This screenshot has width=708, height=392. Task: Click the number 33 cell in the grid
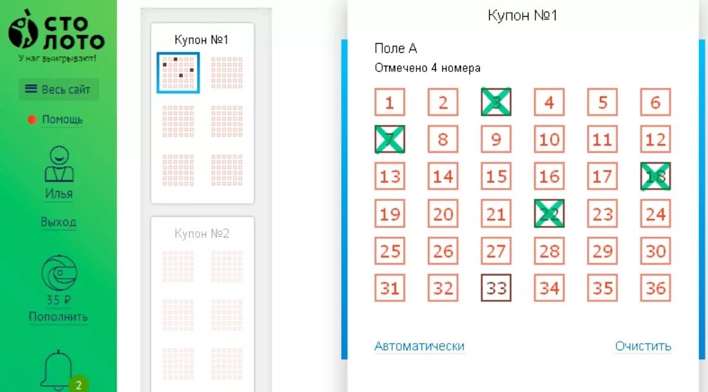coord(496,288)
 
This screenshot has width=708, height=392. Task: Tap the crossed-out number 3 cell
coord(496,102)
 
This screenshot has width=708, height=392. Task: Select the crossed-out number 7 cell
coord(390,139)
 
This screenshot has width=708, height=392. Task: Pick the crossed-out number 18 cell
coord(655,176)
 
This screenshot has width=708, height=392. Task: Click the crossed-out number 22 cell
coord(549,214)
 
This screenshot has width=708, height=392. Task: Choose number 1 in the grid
coord(390,102)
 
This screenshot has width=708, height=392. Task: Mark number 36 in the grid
coord(655,288)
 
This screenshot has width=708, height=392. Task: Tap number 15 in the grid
coord(496,176)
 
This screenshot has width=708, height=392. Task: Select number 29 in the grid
coord(602,250)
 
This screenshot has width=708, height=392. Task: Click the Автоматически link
coord(420,346)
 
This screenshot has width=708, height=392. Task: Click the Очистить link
coord(643,346)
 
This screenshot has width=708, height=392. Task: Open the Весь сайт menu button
coord(59,89)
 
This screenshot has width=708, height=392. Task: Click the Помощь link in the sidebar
coord(62,120)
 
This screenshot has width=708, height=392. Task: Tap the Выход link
coord(59,222)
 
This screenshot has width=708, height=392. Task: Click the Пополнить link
coord(59,317)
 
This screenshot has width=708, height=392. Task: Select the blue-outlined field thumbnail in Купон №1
coord(178,72)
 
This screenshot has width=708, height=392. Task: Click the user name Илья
coord(59,194)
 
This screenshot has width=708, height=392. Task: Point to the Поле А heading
coord(396,49)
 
